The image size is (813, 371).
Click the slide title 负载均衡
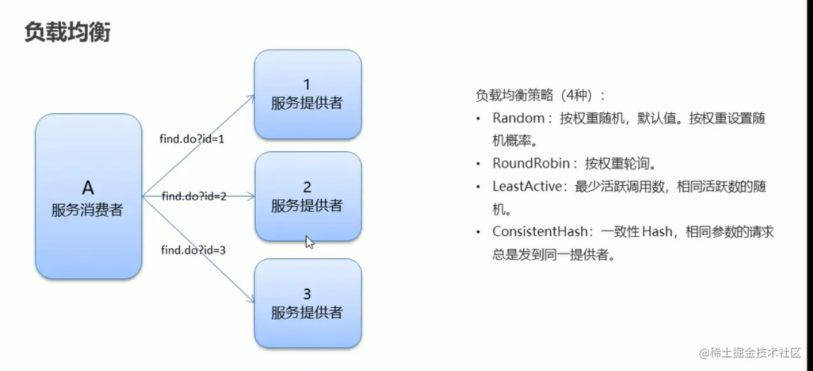click(67, 31)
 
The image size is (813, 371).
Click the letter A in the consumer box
click(88, 187)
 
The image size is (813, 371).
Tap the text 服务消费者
click(87, 210)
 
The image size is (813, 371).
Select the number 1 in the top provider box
click(307, 83)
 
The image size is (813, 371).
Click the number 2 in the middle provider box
click(307, 186)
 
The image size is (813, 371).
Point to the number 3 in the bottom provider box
click(307, 293)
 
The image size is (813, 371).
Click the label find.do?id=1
click(192, 138)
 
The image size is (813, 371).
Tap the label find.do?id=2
click(194, 196)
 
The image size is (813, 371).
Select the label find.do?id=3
click(194, 249)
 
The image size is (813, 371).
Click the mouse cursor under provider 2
click(309, 242)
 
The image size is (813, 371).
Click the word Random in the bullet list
click(518, 118)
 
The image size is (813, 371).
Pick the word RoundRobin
click(530, 164)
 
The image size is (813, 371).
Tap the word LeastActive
click(528, 186)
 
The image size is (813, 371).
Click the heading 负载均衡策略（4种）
click(541, 95)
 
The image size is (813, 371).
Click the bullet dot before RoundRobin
click(478, 164)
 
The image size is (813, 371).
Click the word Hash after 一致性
click(657, 232)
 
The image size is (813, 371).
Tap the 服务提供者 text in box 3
click(307, 312)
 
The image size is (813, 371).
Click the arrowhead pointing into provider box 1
click(250, 97)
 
